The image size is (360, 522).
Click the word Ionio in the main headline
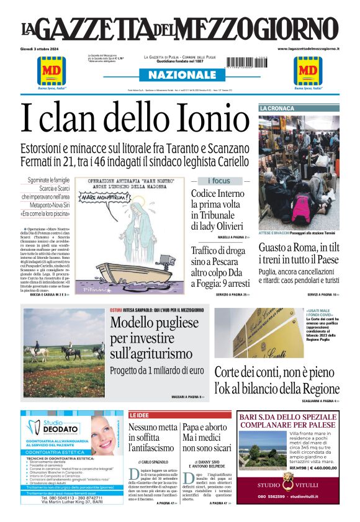point(209,117)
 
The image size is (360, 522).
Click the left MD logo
point(52,71)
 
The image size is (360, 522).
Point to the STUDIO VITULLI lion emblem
point(287,479)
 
